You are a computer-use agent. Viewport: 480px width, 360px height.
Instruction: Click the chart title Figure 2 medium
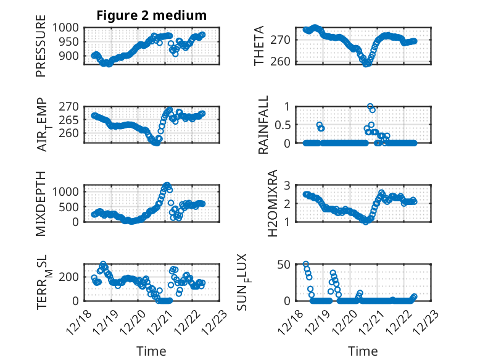tap(151, 15)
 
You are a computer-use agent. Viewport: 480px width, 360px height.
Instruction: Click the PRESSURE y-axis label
tap(41, 50)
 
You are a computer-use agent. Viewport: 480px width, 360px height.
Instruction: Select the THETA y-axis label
tap(260, 46)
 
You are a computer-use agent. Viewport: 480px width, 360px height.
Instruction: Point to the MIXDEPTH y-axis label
tap(41, 203)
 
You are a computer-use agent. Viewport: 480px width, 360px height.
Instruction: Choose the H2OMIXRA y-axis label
tap(260, 203)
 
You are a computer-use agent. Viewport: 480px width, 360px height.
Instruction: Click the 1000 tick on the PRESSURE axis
tap(65, 28)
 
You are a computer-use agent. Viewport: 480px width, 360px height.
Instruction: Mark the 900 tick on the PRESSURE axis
tap(68, 56)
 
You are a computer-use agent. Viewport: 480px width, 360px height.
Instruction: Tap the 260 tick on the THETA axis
tap(285, 62)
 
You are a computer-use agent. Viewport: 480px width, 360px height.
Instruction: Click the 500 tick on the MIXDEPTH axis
tap(68, 206)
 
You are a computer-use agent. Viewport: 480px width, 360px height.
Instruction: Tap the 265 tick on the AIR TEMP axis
tap(68, 120)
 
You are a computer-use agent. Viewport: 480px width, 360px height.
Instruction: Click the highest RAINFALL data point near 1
tap(370, 107)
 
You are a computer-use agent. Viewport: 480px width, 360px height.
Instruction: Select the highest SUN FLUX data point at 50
tap(306, 264)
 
